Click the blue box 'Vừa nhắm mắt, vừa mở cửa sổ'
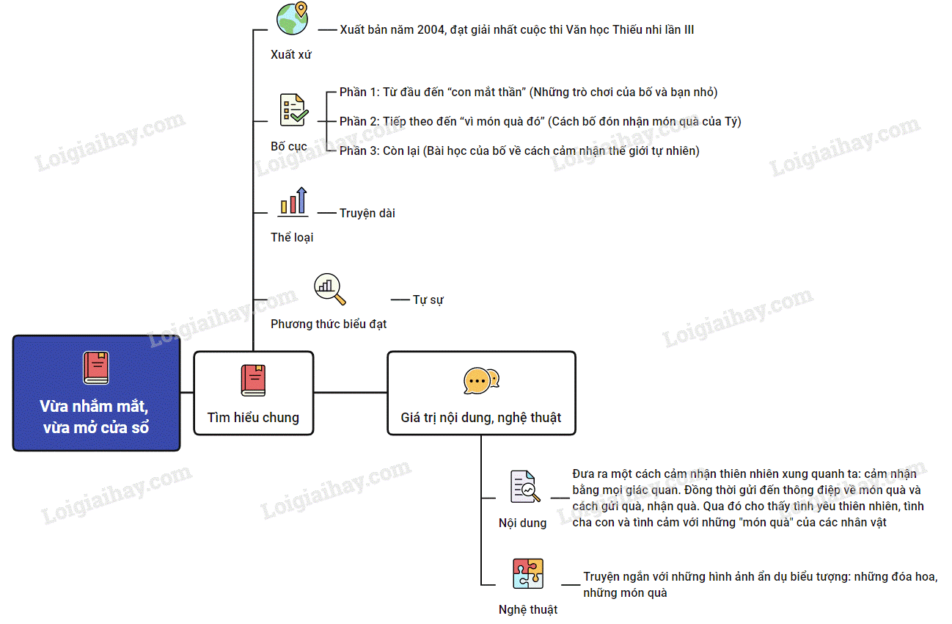tap(96, 393)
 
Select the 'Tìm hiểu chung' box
tap(253, 393)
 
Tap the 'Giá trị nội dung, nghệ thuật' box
tap(481, 393)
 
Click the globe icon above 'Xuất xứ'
tap(292, 19)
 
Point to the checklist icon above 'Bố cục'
tap(293, 110)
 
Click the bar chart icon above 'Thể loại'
tap(293, 201)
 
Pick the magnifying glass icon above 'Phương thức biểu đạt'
tap(329, 289)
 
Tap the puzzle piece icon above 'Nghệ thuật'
tap(528, 573)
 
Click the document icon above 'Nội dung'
tap(525, 486)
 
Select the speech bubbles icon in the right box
tap(481, 381)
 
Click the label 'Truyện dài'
tap(367, 214)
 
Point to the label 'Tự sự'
tap(428, 300)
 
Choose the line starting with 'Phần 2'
tap(540, 122)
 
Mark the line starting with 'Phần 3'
tap(519, 151)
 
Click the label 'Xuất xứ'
tap(291, 54)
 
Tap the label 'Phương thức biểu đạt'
tap(329, 324)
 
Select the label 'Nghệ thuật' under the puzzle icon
tap(528, 609)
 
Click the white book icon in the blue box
tap(96, 368)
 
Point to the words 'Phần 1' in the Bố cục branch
tap(358, 92)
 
